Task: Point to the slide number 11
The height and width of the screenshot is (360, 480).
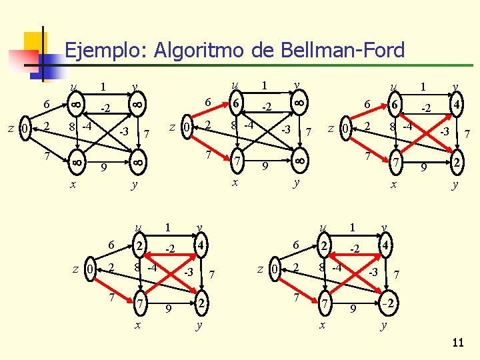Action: pos(457,343)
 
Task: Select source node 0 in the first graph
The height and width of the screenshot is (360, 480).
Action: pos(25,127)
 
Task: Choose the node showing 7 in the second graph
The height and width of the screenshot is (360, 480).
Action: pos(237,161)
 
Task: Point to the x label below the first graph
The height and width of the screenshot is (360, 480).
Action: pos(73,185)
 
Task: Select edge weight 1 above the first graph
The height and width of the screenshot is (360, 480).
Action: pos(103,87)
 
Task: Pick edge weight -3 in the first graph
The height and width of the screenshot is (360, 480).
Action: pos(123,131)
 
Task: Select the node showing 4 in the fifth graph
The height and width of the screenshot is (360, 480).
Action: pos(385,247)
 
